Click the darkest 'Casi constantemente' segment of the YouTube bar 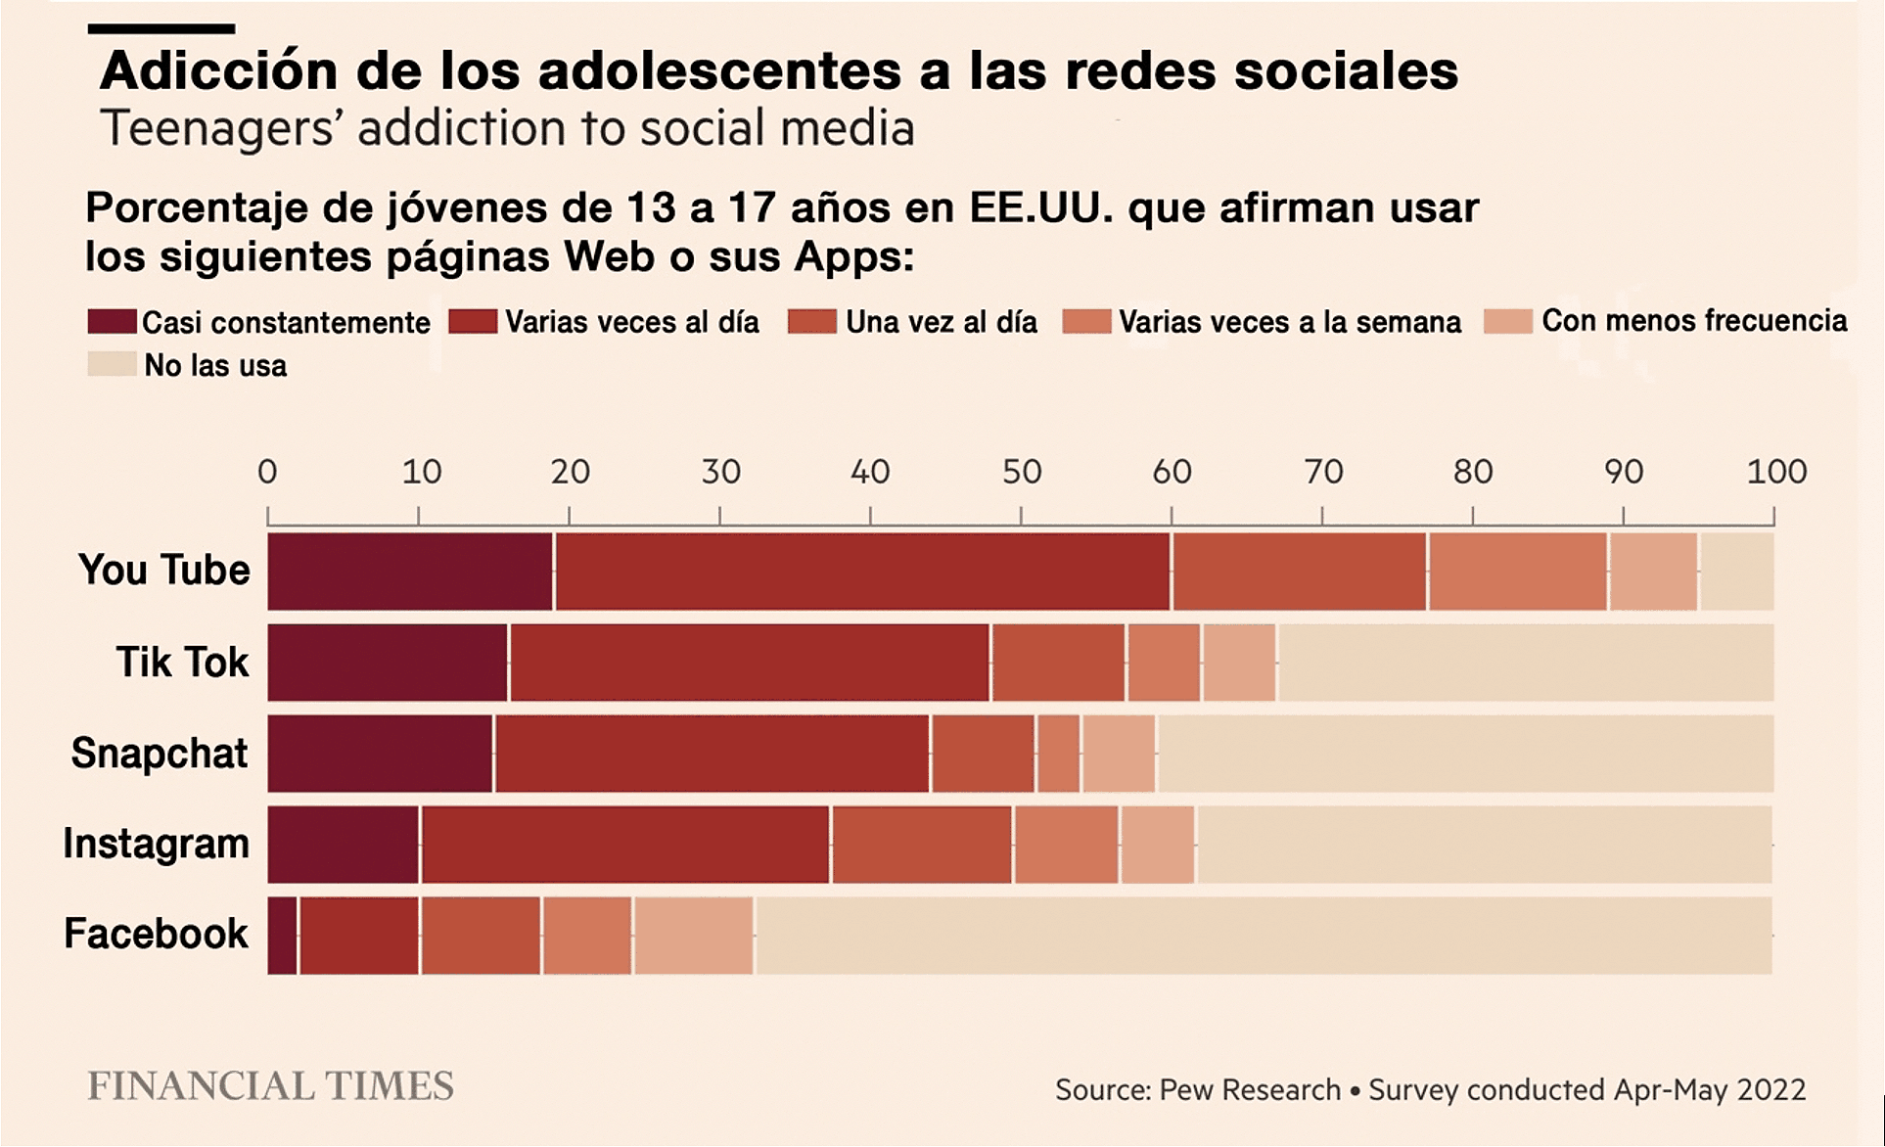tap(410, 572)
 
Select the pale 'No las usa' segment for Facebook tap(1263, 936)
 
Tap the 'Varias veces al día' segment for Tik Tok tap(750, 663)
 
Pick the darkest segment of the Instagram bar tap(344, 845)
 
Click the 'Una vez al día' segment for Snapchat tap(983, 754)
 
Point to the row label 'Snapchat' tap(160, 754)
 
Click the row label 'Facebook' tap(157, 934)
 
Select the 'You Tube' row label tap(164, 570)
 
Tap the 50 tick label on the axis tap(1021, 473)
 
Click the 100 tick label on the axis tap(1776, 473)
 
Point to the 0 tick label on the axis tap(267, 473)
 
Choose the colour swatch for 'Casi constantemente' tap(112, 321)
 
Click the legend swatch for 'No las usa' tap(112, 364)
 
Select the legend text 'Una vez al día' tap(941, 322)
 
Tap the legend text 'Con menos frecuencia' tap(1694, 321)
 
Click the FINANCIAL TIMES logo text tap(270, 1086)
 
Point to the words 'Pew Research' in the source tap(1250, 1090)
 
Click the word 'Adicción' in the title tap(219, 70)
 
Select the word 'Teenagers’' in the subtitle tap(222, 128)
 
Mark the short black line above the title tap(161, 29)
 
